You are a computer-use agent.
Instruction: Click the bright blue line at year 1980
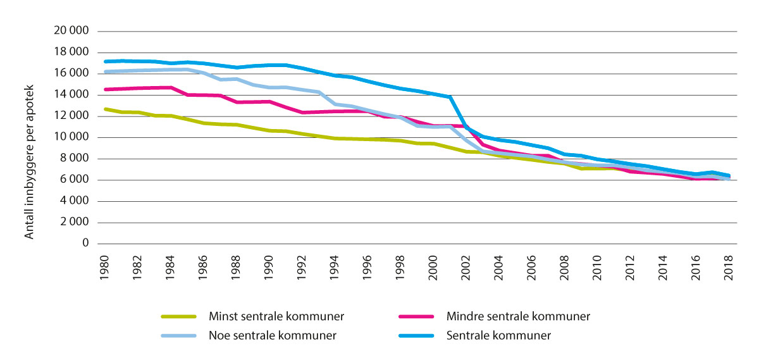pyautogui.click(x=104, y=61)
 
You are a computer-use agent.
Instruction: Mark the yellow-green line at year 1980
pyautogui.click(x=104, y=109)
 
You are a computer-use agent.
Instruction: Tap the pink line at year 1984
pyautogui.click(x=170, y=87)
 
